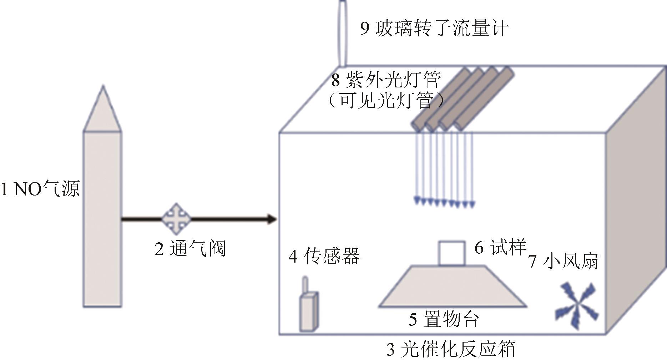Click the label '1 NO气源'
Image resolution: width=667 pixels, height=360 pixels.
click(40, 189)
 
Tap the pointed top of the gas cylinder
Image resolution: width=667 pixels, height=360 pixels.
click(103, 86)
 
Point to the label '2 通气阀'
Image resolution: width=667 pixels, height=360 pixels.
click(190, 249)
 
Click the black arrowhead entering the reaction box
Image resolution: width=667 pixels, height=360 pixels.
click(271, 219)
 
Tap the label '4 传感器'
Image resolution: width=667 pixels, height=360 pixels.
click(324, 256)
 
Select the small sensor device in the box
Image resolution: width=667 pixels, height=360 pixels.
click(309, 311)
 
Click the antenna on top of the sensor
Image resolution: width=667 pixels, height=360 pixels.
click(305, 284)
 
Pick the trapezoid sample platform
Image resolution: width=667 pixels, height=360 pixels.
click(452, 286)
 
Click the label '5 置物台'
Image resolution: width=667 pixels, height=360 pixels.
click(444, 319)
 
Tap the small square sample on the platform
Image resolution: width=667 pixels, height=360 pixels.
click(452, 253)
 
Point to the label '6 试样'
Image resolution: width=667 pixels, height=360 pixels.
click(500, 247)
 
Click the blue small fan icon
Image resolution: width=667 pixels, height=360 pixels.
click(576, 306)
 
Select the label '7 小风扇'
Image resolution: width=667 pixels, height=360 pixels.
click(564, 261)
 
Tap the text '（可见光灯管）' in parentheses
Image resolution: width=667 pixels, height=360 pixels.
click(386, 100)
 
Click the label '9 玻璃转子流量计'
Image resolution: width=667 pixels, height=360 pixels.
click(434, 28)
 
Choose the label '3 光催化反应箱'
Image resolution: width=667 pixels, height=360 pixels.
click(451, 349)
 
